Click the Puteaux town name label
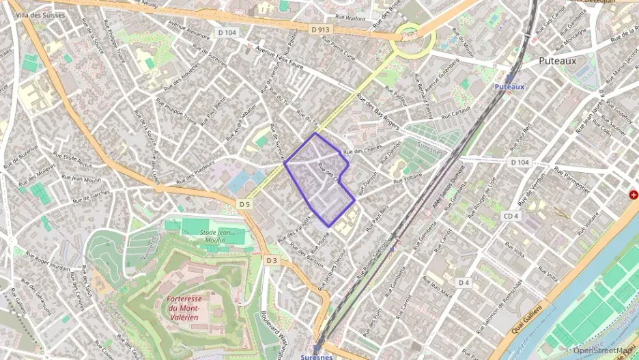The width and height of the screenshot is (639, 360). click(x=557, y=60)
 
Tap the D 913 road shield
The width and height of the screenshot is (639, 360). click(x=319, y=29)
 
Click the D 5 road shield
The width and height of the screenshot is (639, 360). click(x=245, y=204)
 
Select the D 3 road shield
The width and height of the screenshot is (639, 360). click(x=272, y=260)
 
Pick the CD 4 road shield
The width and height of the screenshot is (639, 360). click(x=512, y=217)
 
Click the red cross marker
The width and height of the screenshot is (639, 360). click(x=634, y=195)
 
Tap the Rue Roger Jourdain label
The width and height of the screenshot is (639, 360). click(x=48, y=262)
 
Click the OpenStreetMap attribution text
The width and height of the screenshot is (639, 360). click(x=603, y=350)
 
